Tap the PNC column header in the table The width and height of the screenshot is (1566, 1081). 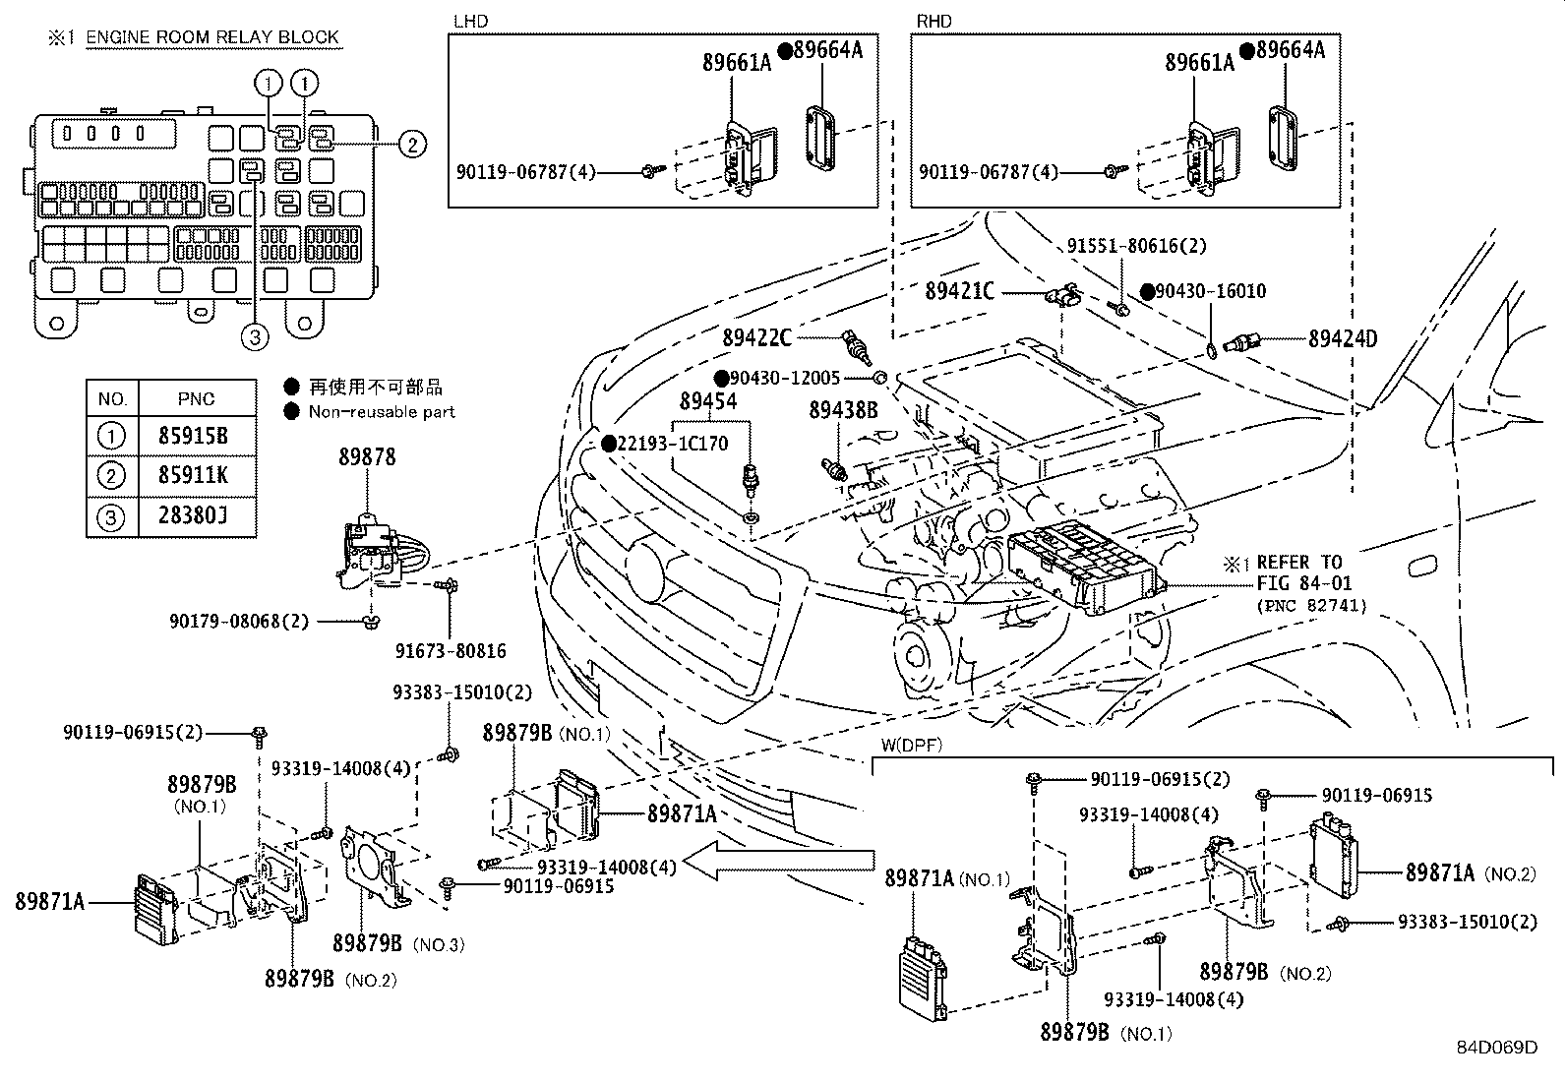tap(197, 398)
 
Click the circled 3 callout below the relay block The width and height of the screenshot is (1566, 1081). tap(255, 338)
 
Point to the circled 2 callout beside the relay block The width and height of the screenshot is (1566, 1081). tap(412, 145)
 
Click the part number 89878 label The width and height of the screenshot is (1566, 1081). tap(367, 457)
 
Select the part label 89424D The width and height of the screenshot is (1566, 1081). tap(1342, 339)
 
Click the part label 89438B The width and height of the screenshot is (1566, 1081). tap(843, 410)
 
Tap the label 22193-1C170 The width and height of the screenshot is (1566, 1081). tap(673, 444)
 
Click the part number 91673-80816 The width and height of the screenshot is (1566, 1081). tap(451, 650)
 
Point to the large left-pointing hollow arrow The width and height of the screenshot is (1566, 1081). tap(777, 863)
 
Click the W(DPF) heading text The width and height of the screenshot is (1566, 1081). tap(911, 745)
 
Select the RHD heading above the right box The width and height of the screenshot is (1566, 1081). tap(934, 21)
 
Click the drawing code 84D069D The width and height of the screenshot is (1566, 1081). tap(1496, 1048)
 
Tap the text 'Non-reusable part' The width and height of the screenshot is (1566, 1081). tap(382, 412)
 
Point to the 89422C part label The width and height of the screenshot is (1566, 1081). tap(756, 337)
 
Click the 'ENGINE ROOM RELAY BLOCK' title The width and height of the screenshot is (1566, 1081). tap(212, 37)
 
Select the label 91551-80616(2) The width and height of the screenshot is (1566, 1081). tap(1136, 245)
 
